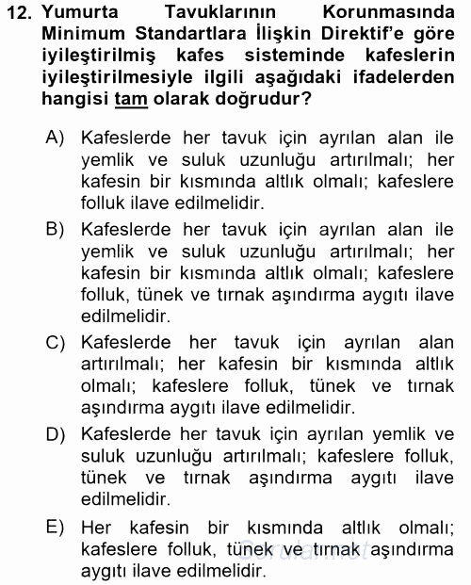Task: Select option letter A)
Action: coord(55,138)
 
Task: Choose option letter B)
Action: coord(55,229)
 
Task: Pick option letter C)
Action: coord(55,343)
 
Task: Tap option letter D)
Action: coord(55,434)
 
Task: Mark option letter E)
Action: coord(55,526)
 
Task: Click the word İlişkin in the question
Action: coord(272,36)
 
